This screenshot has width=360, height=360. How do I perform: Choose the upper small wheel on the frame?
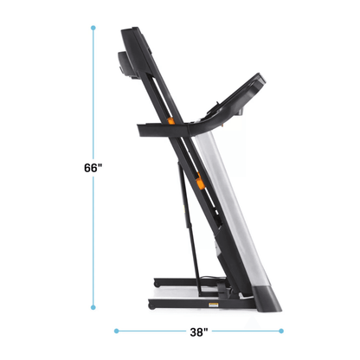[x=156, y=281]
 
